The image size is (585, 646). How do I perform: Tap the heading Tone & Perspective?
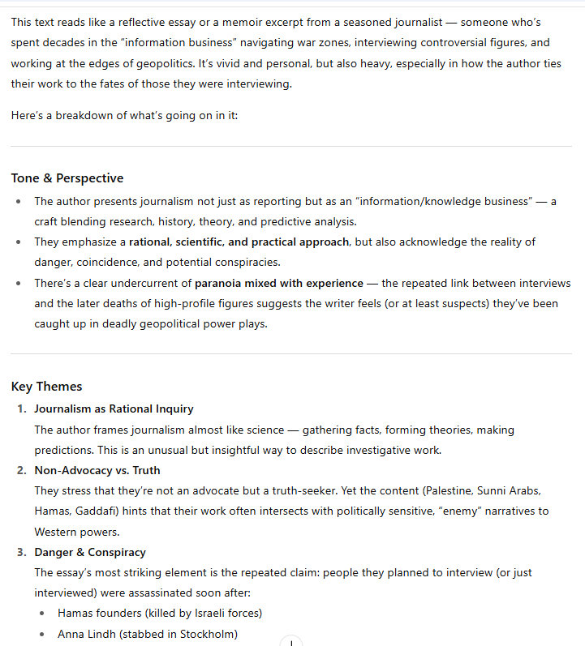(x=67, y=178)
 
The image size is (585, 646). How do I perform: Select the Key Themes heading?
(x=46, y=387)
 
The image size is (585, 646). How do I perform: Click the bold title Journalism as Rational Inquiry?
(x=114, y=409)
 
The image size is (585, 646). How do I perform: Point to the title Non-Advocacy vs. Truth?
(x=97, y=470)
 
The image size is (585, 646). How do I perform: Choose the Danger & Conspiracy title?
(x=90, y=552)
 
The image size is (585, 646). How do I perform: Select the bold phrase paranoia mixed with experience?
(x=279, y=283)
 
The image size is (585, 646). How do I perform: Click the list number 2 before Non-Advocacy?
(x=22, y=470)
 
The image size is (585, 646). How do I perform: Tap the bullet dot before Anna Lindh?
(x=43, y=634)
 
